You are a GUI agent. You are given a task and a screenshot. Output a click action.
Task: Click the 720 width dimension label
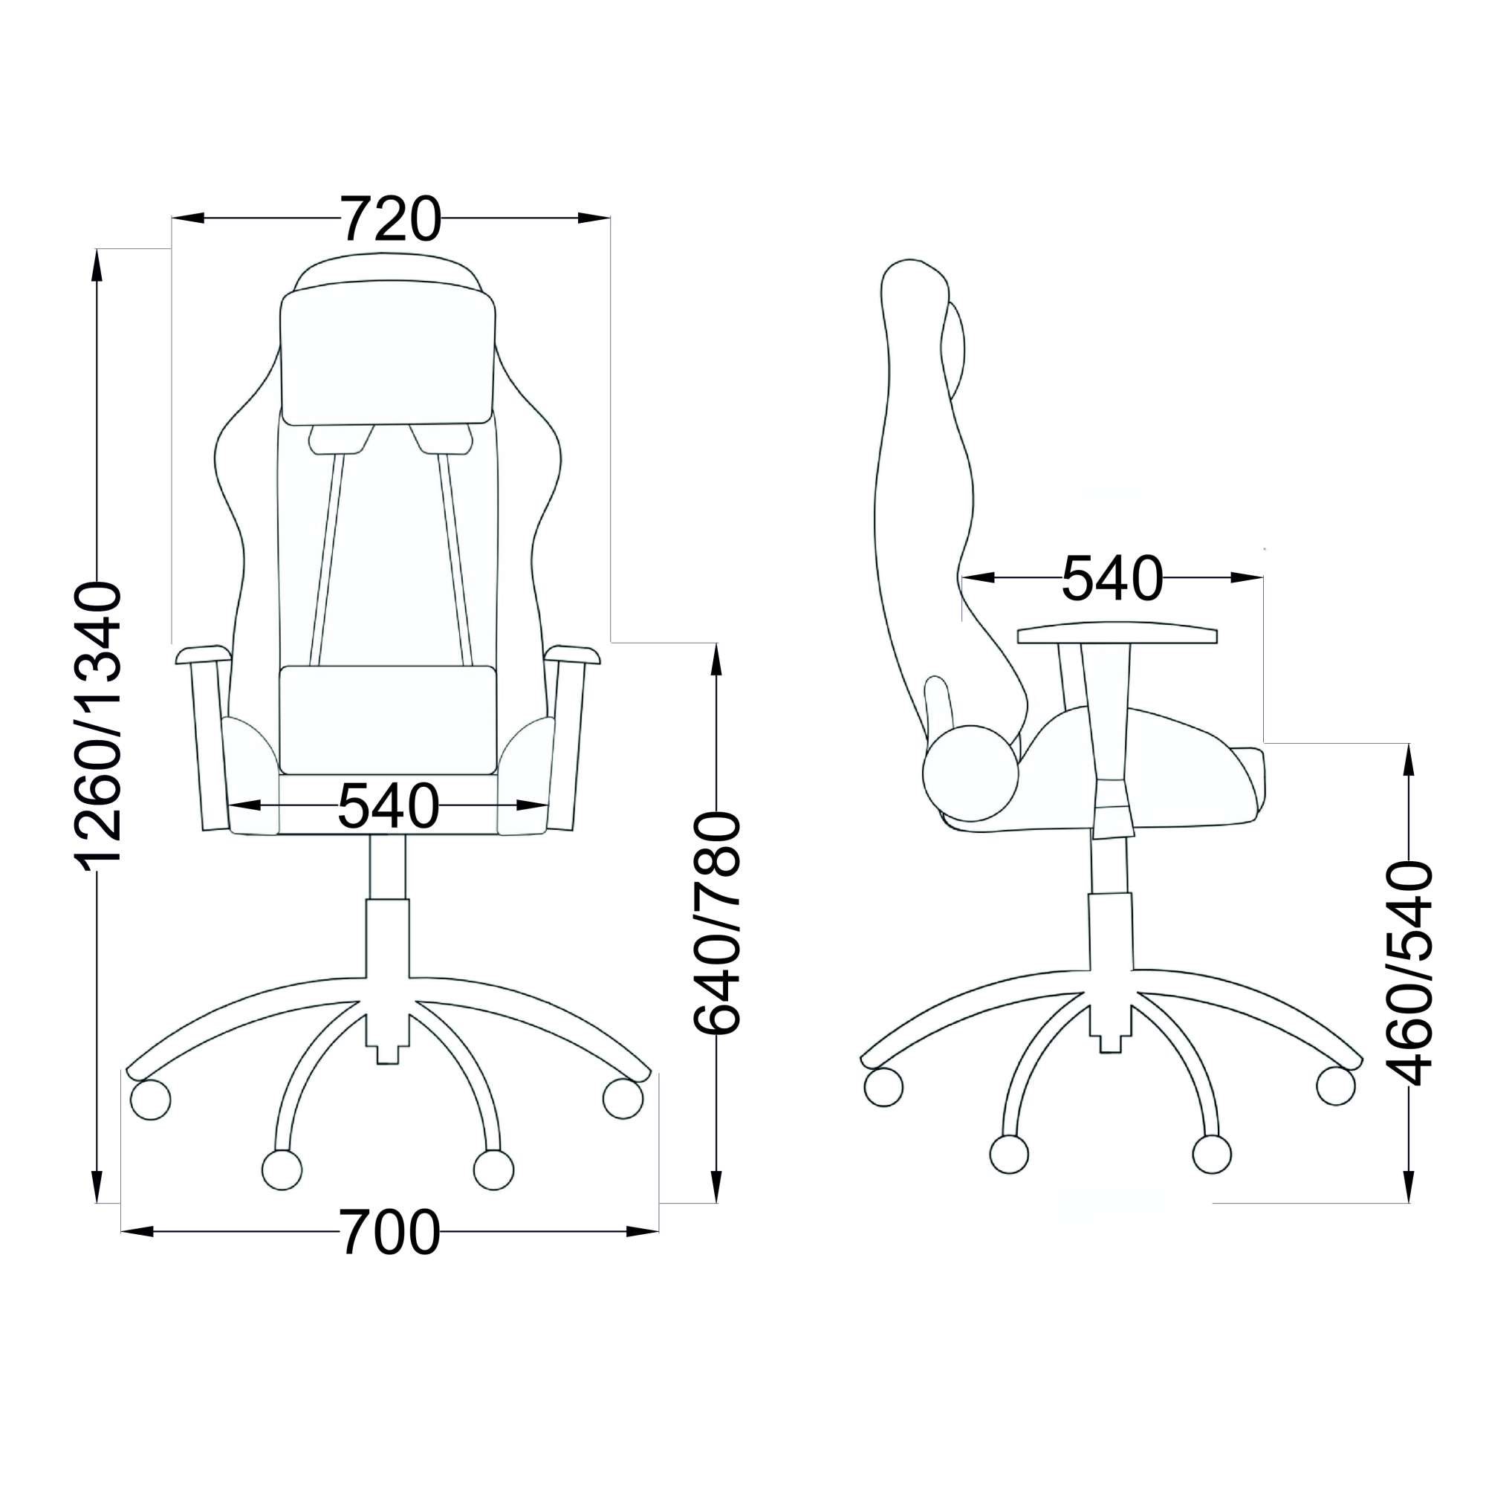pyautogui.click(x=391, y=218)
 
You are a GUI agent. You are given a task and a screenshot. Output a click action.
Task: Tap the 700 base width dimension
pyautogui.click(x=391, y=1231)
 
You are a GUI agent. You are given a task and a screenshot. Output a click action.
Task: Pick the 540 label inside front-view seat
pyautogui.click(x=389, y=805)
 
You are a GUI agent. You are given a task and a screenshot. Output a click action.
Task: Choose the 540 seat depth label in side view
pyautogui.click(x=1112, y=577)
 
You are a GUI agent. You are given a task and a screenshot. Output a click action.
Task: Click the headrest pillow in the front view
pyautogui.click(x=388, y=357)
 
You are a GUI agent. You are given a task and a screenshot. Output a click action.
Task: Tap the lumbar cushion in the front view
pyautogui.click(x=388, y=720)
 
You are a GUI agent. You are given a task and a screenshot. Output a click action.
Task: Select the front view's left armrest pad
pyautogui.click(x=204, y=655)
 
